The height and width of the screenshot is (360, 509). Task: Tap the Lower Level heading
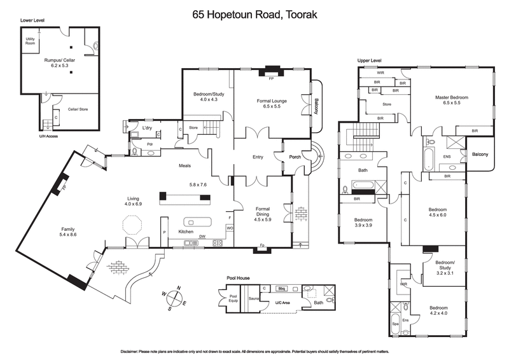tap(32, 20)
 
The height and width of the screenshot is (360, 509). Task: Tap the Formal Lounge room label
tap(273, 102)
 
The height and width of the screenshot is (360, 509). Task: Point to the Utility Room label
tap(30, 41)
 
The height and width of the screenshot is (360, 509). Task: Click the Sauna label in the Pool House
tap(253, 298)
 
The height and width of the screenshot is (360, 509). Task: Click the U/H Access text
tap(31, 135)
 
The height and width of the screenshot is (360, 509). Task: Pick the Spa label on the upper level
tap(395, 324)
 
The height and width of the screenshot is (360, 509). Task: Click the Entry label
tap(257, 156)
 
